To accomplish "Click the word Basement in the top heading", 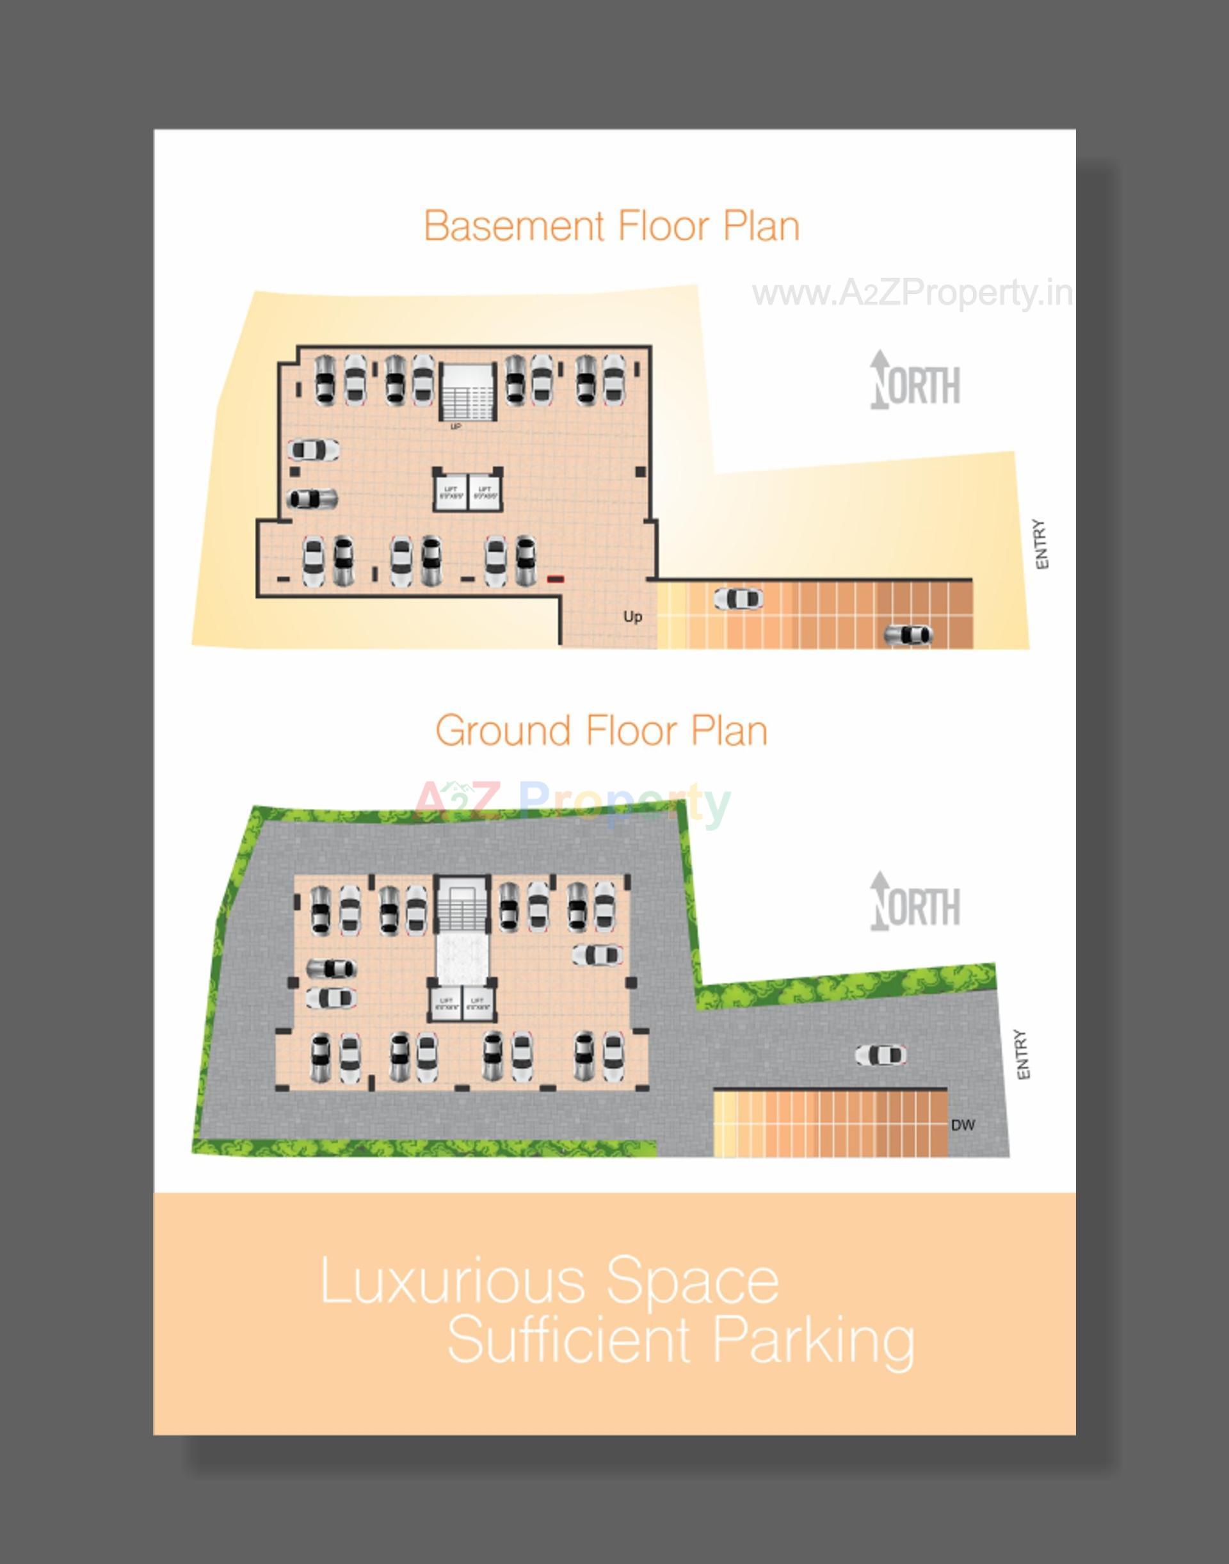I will [514, 226].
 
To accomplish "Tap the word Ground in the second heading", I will [502, 731].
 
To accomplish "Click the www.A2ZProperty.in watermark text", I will [912, 294].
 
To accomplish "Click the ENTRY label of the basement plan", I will [1040, 545].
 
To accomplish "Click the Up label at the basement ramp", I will [632, 616].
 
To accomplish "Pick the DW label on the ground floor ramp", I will [962, 1124].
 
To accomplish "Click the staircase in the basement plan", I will [469, 392].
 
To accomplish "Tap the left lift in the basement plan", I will [451, 493].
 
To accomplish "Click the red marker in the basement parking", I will [556, 579].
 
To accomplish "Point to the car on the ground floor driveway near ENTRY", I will [880, 1055].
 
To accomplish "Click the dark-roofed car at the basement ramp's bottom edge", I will [908, 635].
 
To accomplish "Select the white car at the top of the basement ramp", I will [737, 598].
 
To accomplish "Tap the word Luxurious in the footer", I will [452, 1281].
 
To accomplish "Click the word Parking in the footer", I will [814, 1339].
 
